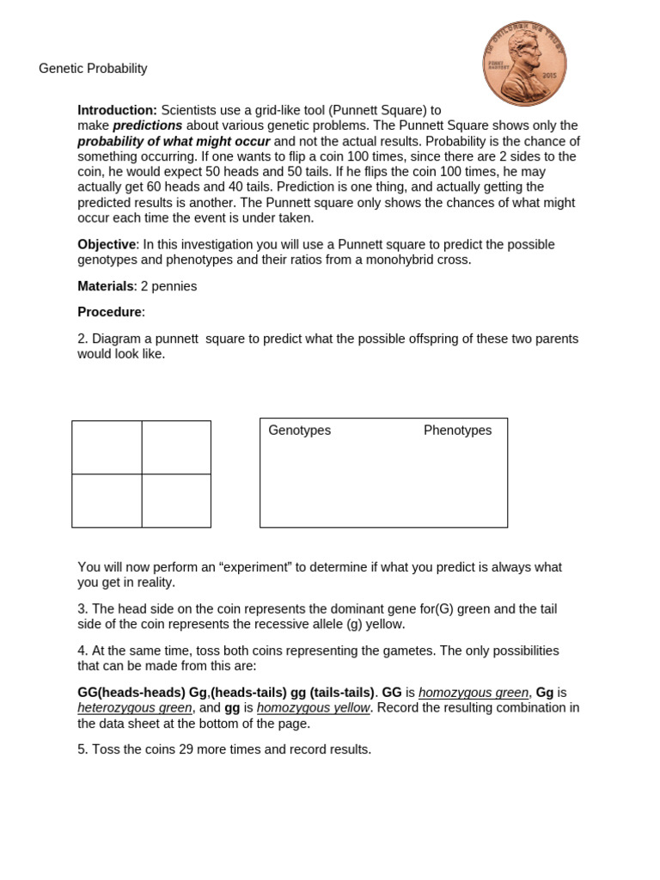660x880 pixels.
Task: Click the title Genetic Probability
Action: pyautogui.click(x=93, y=69)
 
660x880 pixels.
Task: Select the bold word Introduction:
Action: pyautogui.click(x=117, y=110)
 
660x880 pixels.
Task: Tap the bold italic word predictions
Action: pyautogui.click(x=148, y=125)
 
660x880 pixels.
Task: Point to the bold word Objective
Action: pyautogui.click(x=107, y=244)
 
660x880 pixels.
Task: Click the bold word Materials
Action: pyautogui.click(x=106, y=286)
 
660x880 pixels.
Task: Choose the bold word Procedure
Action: pyautogui.click(x=110, y=312)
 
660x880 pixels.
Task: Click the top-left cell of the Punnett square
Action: pyautogui.click(x=107, y=447)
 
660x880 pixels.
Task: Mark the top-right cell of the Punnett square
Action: pyautogui.click(x=176, y=447)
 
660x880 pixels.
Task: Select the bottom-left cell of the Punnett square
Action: pyautogui.click(x=107, y=500)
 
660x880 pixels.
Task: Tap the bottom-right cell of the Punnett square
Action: pyautogui.click(x=176, y=500)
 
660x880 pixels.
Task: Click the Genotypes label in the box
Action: pyautogui.click(x=299, y=431)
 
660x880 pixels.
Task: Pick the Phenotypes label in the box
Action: pyautogui.click(x=457, y=431)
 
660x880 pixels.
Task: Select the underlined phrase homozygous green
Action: pyautogui.click(x=474, y=693)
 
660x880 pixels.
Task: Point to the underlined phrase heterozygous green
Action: pyautogui.click(x=135, y=708)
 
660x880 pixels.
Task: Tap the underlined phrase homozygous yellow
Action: pyautogui.click(x=313, y=708)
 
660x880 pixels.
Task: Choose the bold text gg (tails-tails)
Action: pyautogui.click(x=333, y=693)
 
